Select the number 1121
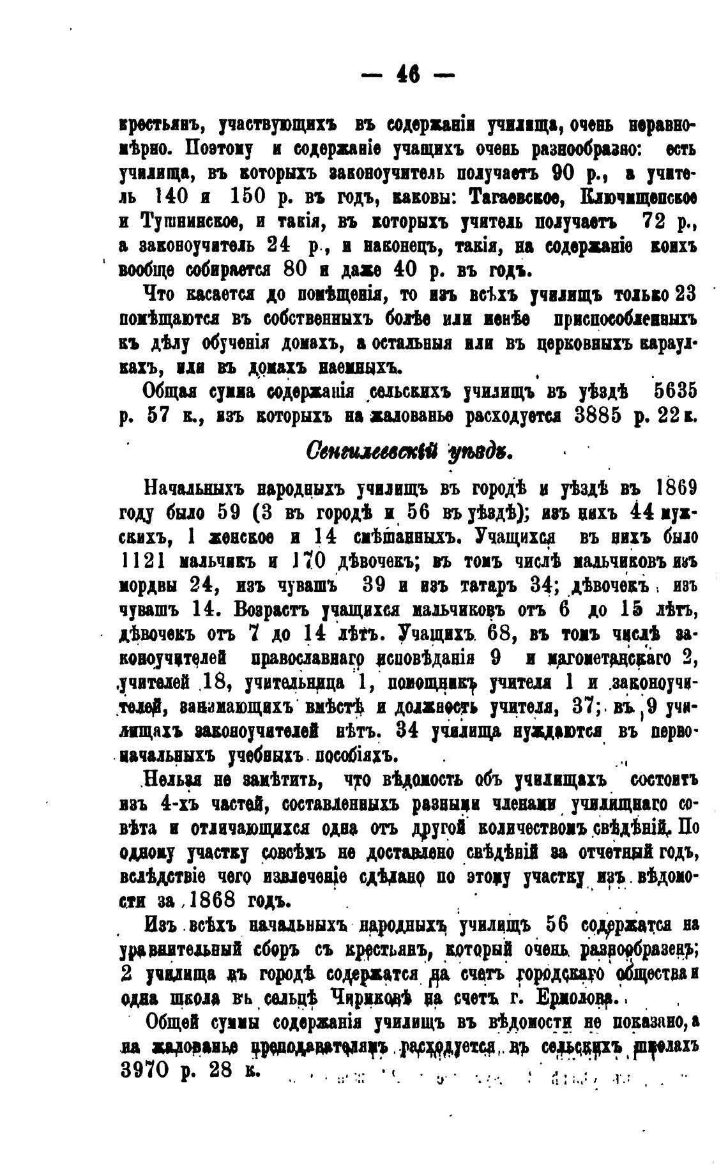(144, 562)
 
